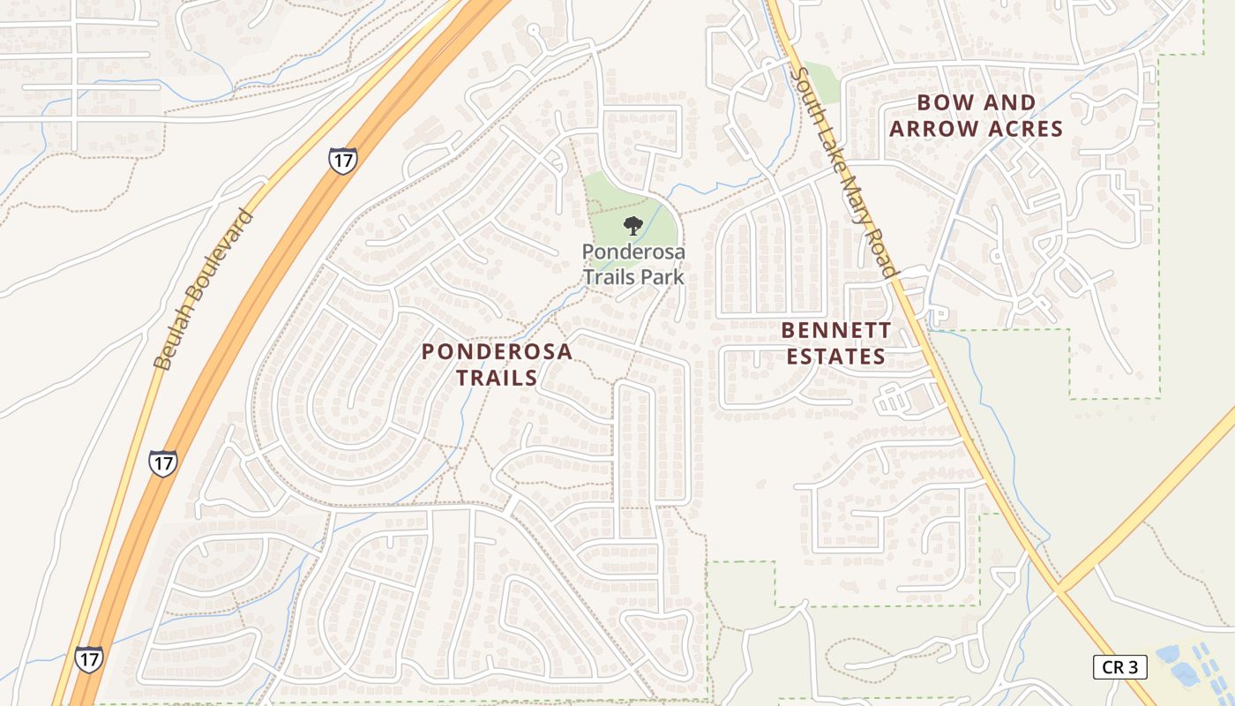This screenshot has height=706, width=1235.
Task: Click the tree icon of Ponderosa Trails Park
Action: (632, 226)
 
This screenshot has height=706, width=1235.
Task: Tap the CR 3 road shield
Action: (1119, 667)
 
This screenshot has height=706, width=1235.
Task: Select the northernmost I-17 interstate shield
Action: (342, 161)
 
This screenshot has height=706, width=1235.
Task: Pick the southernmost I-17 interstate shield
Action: (88, 658)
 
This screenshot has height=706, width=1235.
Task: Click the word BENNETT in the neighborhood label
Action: (836, 331)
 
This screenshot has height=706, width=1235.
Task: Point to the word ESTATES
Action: (835, 357)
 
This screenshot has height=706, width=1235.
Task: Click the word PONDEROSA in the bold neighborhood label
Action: (497, 351)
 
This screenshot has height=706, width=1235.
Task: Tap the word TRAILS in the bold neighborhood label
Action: (497, 378)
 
